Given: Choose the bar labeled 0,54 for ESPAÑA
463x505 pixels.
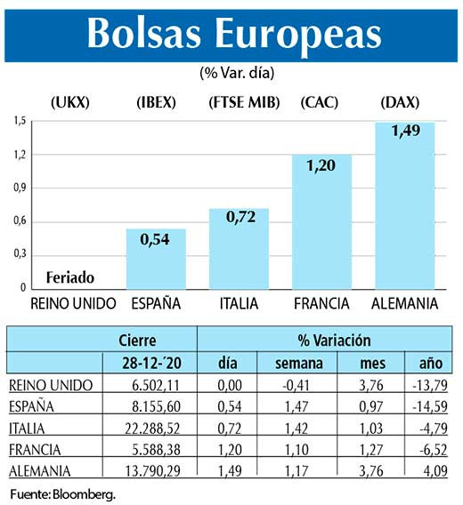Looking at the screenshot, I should coord(156,259).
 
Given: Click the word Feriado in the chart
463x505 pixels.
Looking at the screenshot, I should coord(70,277).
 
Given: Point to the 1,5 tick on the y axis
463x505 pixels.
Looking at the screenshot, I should coord(19,121).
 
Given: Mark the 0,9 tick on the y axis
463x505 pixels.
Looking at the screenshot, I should coord(19,188).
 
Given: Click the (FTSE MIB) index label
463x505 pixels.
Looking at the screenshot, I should coord(243,102).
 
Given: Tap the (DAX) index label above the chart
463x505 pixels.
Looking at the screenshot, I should coord(399,102).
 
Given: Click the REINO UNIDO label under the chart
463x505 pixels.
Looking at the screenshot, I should coord(73,303).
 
